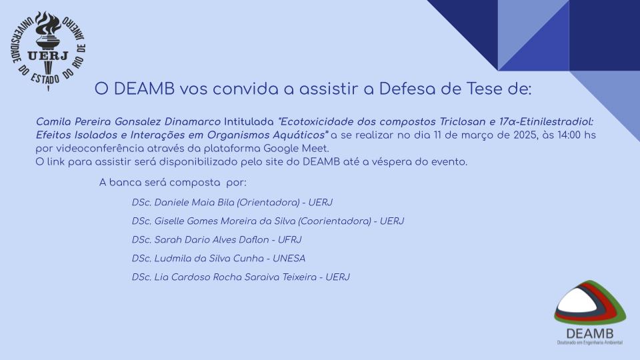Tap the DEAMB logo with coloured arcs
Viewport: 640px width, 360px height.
point(590,313)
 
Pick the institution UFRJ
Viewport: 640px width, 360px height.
point(289,240)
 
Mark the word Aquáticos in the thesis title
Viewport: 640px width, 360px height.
point(301,135)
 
